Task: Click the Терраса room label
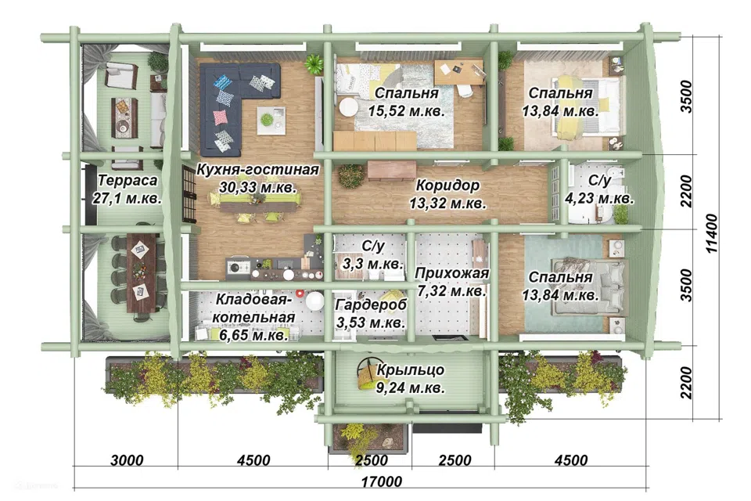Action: pos(128,180)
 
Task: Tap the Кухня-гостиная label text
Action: pos(257,169)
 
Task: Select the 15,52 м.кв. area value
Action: pos(406,110)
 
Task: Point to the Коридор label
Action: pos(447,185)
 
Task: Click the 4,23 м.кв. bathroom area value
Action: pos(600,197)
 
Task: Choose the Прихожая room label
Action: pos(451,272)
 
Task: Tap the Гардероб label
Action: pos(371,305)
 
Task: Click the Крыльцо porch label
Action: pos(411,369)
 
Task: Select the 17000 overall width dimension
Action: pos(381,481)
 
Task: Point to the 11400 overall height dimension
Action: pos(712,233)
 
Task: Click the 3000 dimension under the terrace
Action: pos(127,460)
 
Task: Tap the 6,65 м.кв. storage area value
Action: pos(253,334)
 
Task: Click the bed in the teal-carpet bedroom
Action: pos(588,287)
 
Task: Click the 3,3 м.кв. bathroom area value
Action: pos(372,263)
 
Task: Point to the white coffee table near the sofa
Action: pos(271,121)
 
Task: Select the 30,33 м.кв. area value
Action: pos(257,187)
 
